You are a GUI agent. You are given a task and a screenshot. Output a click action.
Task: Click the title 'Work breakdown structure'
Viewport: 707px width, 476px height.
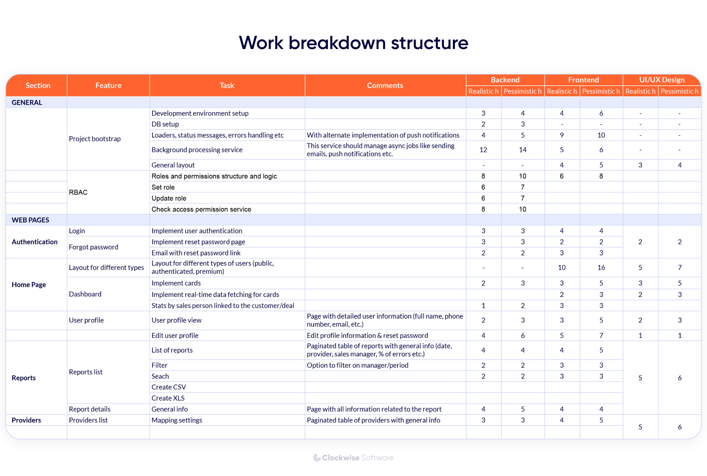tap(353, 43)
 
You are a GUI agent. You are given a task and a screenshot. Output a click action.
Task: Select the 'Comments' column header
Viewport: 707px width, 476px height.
tap(385, 85)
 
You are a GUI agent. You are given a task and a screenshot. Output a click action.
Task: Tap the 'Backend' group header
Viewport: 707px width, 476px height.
tap(505, 80)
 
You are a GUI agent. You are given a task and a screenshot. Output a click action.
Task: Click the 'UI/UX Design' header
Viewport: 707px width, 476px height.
tap(662, 80)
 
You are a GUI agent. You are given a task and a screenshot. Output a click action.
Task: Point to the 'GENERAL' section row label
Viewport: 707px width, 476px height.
tap(27, 102)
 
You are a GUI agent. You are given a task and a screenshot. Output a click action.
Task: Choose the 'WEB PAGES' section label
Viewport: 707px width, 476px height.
tap(30, 220)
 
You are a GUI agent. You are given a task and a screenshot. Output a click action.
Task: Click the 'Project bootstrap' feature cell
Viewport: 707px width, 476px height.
tap(95, 139)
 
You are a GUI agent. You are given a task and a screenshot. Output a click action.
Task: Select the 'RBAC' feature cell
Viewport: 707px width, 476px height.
tap(78, 192)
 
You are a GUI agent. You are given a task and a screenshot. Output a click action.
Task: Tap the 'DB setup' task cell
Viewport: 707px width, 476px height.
tap(165, 124)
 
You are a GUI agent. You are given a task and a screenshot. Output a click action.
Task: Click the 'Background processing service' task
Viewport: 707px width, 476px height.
tap(197, 150)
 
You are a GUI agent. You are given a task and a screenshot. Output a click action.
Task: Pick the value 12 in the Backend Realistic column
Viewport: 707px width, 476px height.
tap(483, 150)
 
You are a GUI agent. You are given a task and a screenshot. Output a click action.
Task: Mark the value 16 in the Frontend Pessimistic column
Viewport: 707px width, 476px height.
tap(601, 267)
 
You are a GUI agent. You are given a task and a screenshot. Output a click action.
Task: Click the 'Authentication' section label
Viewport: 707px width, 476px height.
tap(34, 242)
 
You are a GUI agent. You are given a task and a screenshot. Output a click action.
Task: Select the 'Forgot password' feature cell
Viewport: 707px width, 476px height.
tap(93, 247)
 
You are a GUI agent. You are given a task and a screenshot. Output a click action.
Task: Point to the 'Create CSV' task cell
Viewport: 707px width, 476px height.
tap(169, 387)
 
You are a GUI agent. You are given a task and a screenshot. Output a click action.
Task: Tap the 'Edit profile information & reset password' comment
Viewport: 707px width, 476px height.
tap(367, 336)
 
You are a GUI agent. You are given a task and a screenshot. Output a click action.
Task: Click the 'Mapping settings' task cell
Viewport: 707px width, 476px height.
tap(177, 420)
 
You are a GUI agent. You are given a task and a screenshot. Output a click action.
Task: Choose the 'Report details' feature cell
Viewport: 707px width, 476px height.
tap(90, 409)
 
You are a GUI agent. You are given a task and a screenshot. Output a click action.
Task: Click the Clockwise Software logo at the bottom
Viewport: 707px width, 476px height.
tap(353, 458)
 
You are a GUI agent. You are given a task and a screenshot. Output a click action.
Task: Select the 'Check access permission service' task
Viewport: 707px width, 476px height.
tap(201, 209)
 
